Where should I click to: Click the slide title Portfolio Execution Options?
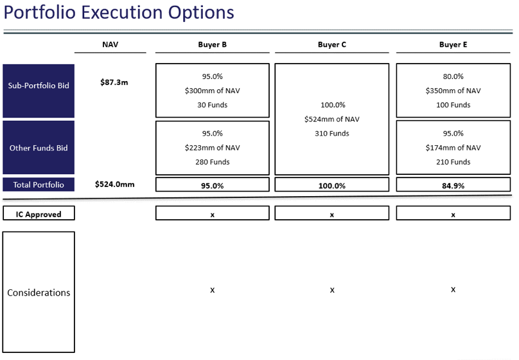coord(119,13)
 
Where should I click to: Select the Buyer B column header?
coord(212,45)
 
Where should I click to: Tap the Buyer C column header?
coord(332,45)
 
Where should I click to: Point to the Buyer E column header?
coord(453,45)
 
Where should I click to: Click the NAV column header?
coord(110,44)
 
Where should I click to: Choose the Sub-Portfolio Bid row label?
coord(39,85)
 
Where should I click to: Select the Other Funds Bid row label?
coord(39,148)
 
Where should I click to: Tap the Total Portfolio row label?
coord(39,184)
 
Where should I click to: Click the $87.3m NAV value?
coord(114,82)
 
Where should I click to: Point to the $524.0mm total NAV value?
coord(114,184)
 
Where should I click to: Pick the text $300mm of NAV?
coord(212,91)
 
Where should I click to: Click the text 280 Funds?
coord(212,162)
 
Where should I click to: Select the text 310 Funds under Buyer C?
coord(332,134)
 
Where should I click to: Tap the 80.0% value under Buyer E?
coord(453,76)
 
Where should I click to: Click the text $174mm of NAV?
coord(453,148)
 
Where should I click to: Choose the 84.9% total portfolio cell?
coord(453,184)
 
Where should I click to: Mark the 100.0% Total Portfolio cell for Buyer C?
coord(332,184)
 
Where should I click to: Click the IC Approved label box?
coord(39,213)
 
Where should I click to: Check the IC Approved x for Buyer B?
coord(212,215)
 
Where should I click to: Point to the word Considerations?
coord(39,292)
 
